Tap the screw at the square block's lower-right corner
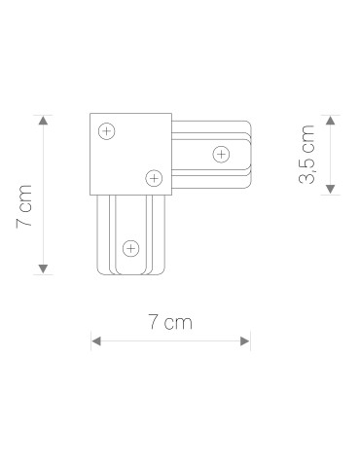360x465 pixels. tap(152, 176)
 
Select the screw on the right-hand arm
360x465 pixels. tap(221, 153)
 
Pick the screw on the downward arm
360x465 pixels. tap(129, 245)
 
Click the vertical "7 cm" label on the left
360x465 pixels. tap(25, 205)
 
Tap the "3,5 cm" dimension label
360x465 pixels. tap(307, 156)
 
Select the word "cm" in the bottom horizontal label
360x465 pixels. tap(179, 324)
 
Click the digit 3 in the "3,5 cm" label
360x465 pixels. tap(307, 181)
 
